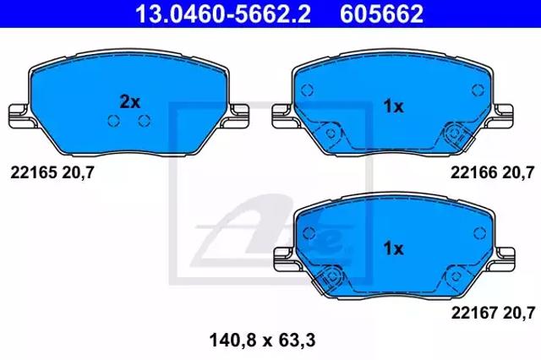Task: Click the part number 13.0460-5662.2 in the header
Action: coord(223,14)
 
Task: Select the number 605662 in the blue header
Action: coord(381,14)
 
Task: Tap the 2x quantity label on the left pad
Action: coord(129,102)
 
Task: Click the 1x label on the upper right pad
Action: coord(394,106)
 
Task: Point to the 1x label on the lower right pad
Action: coord(394,248)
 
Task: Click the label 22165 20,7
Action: coord(52,172)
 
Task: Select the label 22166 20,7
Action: coord(493,172)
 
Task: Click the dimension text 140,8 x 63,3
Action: coord(262,341)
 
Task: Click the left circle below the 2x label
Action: coord(114,120)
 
